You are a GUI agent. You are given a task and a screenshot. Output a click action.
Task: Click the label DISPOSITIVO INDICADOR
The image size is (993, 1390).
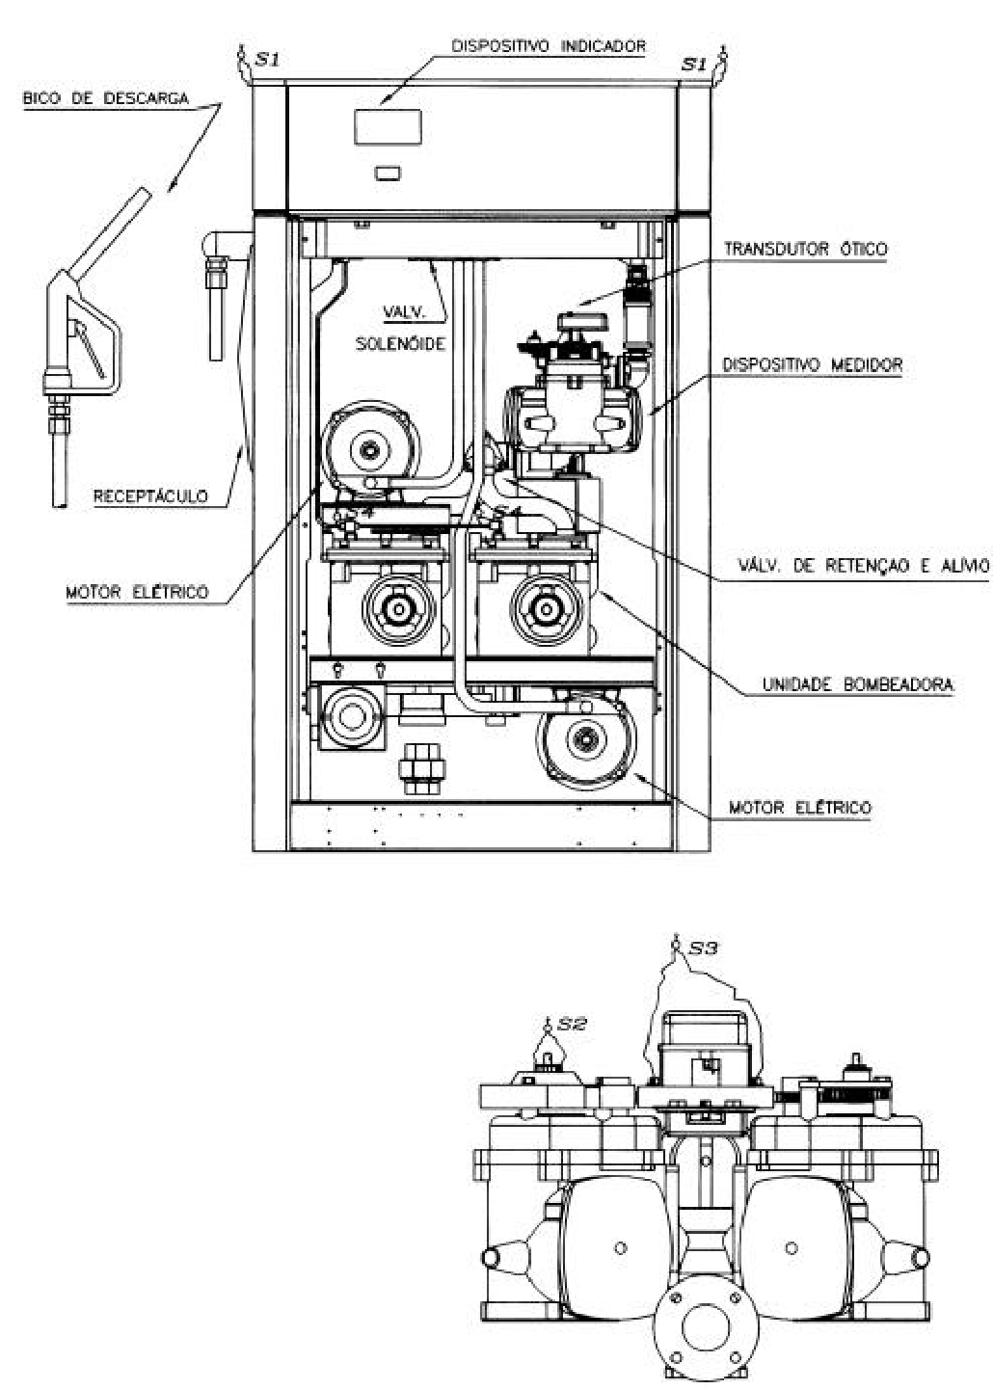coord(548,46)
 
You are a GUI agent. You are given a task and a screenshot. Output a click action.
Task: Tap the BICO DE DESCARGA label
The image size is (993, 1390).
coord(106,98)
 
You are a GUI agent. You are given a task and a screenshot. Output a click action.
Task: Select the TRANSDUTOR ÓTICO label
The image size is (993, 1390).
coord(806,249)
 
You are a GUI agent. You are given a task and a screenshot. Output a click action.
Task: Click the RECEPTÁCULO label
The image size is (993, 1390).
coord(150,495)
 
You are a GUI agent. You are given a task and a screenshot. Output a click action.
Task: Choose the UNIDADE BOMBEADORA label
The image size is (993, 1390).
coord(858,684)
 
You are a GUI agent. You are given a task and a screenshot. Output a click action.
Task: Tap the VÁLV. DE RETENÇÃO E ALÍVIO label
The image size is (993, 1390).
coord(863,565)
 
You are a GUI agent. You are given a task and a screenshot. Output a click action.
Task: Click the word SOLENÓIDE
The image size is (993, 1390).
coord(400,344)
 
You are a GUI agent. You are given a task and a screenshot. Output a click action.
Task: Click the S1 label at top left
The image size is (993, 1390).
coord(267,61)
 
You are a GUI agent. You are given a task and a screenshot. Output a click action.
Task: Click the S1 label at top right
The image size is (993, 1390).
coord(694,64)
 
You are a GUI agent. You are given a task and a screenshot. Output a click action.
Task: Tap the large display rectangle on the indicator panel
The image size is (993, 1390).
coord(388,127)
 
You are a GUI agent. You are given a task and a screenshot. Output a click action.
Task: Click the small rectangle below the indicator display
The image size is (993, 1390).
coord(388,173)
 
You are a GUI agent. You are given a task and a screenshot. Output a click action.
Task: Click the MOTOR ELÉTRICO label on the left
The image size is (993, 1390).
coord(137,592)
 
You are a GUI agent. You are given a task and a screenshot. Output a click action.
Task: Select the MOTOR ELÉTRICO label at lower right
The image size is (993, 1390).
coord(800,808)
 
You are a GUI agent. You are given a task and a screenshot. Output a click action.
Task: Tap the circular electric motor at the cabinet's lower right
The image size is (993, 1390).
coord(586,741)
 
